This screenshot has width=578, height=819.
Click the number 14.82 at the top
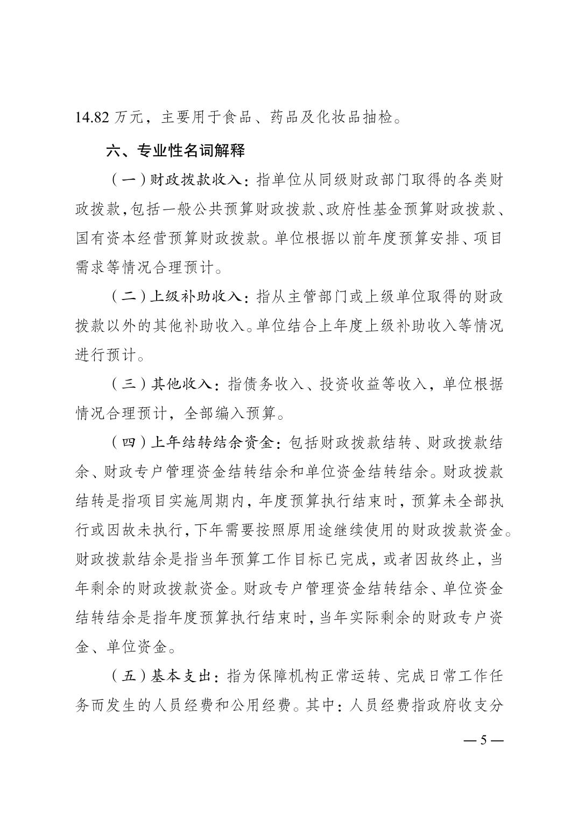tap(93, 117)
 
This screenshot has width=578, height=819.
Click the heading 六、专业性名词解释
tap(175, 150)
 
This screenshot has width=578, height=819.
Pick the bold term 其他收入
tap(182, 384)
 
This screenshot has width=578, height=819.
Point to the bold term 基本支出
tap(182, 676)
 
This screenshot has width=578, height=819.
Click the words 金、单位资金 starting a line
tap(121, 647)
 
